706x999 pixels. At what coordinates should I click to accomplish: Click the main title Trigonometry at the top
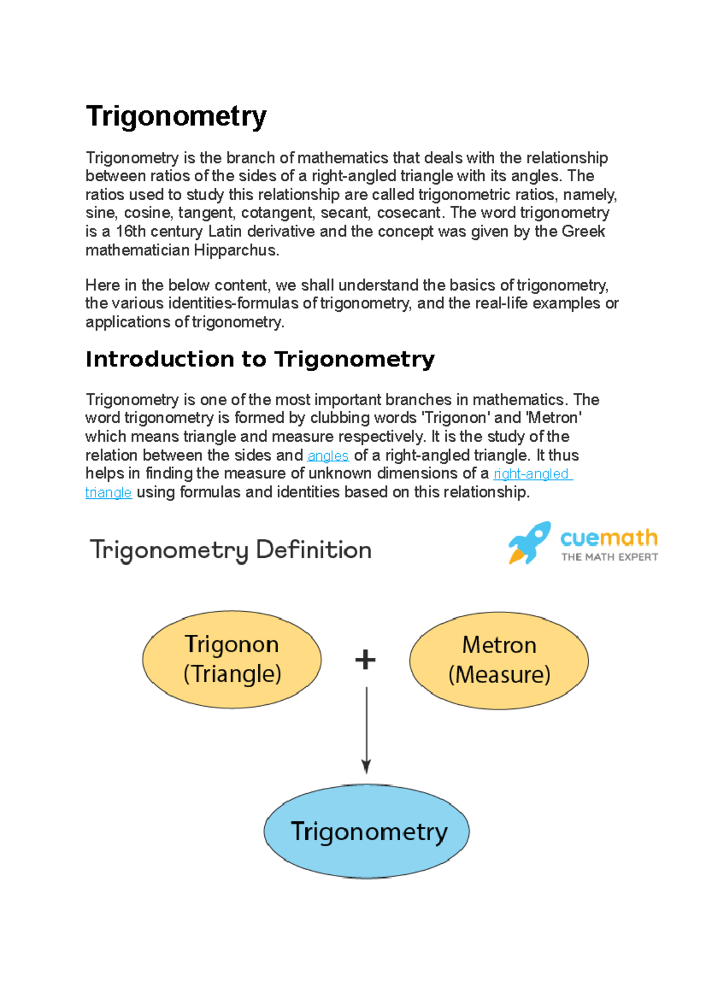click(176, 116)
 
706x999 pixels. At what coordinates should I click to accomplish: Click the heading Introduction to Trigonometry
click(260, 359)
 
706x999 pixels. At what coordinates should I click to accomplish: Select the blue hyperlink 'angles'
click(328, 455)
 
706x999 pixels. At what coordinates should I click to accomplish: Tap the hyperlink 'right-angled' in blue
click(531, 474)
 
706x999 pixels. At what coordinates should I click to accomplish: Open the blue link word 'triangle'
click(108, 492)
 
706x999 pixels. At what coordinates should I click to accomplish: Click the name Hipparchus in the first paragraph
click(235, 250)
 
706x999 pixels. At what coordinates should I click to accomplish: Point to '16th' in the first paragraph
click(131, 231)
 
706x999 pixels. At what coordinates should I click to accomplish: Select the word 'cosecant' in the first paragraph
click(408, 212)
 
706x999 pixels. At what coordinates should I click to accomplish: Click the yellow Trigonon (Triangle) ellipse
click(232, 659)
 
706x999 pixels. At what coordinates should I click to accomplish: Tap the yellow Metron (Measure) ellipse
click(499, 660)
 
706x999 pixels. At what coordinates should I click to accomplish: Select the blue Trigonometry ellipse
click(367, 831)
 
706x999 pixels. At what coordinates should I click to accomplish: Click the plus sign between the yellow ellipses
click(365, 660)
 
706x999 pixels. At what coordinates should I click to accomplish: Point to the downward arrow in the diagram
click(366, 730)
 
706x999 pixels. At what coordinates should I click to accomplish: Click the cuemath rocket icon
click(529, 542)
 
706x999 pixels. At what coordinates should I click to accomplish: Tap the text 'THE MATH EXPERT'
click(609, 557)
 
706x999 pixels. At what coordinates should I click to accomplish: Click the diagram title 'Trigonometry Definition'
click(231, 550)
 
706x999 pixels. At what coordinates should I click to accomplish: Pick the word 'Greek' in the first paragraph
click(584, 231)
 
